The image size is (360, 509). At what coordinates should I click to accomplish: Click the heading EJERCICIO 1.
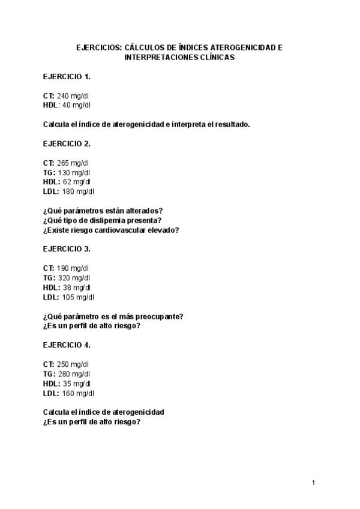click(67, 77)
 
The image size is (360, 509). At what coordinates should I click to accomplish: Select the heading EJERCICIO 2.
click(67, 143)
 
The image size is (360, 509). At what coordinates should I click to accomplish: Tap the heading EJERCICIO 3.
click(67, 249)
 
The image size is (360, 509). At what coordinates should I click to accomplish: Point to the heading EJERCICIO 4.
click(67, 345)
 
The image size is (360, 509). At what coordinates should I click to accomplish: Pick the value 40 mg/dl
click(76, 106)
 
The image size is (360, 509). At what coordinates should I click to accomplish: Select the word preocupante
click(161, 316)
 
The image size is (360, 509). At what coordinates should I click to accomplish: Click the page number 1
click(314, 483)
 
